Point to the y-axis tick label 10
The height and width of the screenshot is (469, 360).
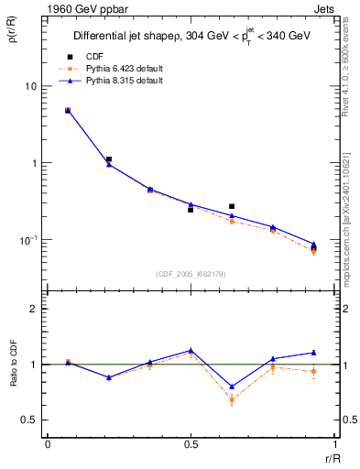click(x=30, y=86)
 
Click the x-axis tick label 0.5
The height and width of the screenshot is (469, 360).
click(x=191, y=444)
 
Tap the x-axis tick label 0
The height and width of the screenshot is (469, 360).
click(x=48, y=444)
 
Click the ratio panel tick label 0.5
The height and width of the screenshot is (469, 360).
click(x=31, y=420)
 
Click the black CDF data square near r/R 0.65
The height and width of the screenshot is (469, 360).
click(x=232, y=207)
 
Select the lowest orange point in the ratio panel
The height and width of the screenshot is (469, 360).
click(x=232, y=399)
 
